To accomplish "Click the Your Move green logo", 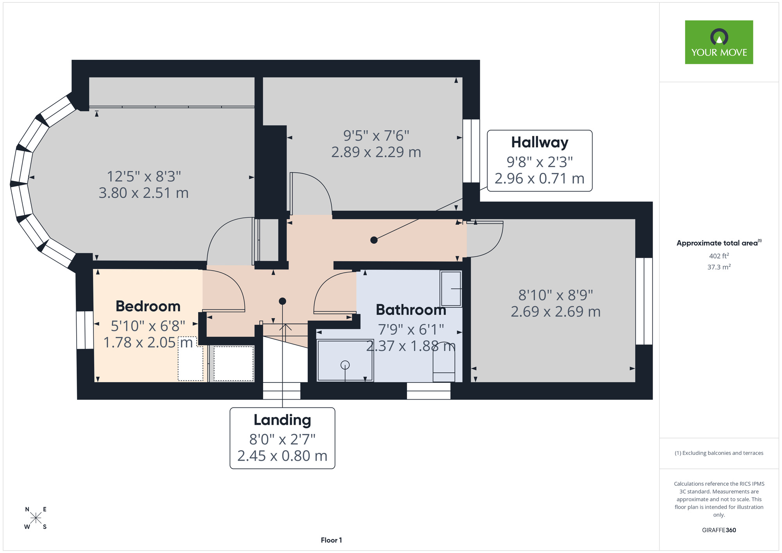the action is click(719, 42).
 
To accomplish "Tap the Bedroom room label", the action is click(148, 306).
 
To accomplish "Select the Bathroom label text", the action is click(411, 310).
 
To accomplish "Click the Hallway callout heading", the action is click(540, 142).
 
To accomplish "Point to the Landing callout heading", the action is click(282, 420).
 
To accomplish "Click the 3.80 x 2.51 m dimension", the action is click(143, 193).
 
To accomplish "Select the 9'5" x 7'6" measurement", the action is click(376, 136).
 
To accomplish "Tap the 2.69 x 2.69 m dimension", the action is click(556, 311).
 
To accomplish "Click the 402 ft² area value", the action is click(719, 256).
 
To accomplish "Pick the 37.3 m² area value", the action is click(719, 267).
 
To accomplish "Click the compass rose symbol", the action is click(36, 518).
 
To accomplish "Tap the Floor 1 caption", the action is click(331, 540).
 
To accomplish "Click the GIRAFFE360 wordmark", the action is click(719, 530).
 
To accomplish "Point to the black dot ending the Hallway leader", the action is click(374, 240).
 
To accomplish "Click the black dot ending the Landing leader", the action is click(282, 301).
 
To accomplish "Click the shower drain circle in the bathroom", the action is click(345, 365).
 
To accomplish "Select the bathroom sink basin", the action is click(451, 289).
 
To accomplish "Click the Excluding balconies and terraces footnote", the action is click(719, 453).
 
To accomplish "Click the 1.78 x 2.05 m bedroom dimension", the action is click(148, 343).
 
